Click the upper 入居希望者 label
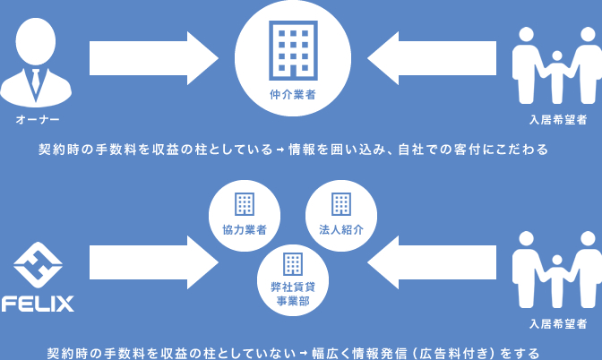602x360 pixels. coord(557,120)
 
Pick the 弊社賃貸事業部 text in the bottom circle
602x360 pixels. coord(292,294)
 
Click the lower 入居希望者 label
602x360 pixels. coord(557,322)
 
